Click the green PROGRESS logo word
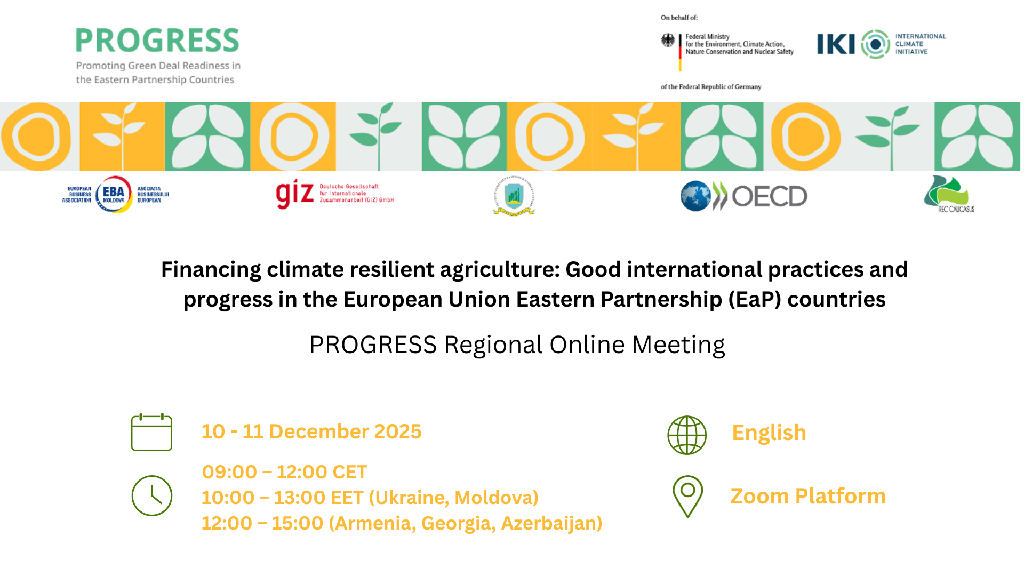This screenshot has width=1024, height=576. pyautogui.click(x=157, y=41)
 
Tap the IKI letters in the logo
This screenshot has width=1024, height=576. pyautogui.click(x=836, y=44)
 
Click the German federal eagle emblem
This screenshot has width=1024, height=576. pyautogui.click(x=668, y=40)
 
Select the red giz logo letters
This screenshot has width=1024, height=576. pyautogui.click(x=294, y=194)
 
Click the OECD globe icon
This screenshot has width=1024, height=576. pyautogui.click(x=695, y=196)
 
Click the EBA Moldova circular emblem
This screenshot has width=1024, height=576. pyautogui.click(x=114, y=194)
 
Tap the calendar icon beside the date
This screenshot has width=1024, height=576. pyautogui.click(x=151, y=432)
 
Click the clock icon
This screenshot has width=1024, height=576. pyautogui.click(x=152, y=495)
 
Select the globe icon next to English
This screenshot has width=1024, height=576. pyautogui.click(x=687, y=435)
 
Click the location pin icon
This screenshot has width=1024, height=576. pyautogui.click(x=687, y=496)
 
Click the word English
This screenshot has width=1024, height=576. pyautogui.click(x=769, y=433)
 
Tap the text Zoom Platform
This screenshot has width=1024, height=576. pyautogui.click(x=807, y=496)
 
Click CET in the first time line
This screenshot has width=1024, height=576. pyautogui.click(x=349, y=472)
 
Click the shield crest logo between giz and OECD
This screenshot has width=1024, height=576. pyautogui.click(x=514, y=196)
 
